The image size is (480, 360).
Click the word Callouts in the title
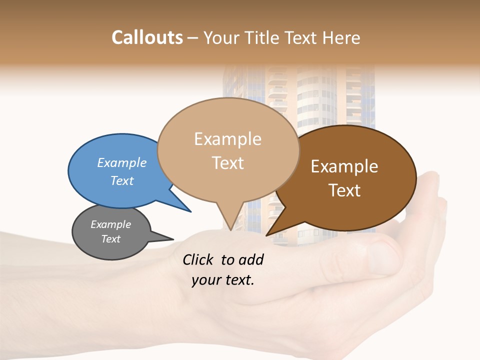(x=147, y=37)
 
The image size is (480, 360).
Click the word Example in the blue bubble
(x=122, y=163)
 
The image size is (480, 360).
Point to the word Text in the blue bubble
(x=122, y=180)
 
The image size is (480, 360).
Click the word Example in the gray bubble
(x=111, y=224)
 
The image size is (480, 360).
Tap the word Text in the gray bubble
(x=111, y=239)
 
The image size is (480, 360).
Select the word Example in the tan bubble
(x=227, y=139)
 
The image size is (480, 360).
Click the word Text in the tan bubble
(x=227, y=163)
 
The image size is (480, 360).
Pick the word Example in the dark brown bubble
(x=344, y=166)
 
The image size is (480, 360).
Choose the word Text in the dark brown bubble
(x=344, y=190)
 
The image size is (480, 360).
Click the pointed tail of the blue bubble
(x=190, y=211)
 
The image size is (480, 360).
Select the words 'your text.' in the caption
(x=223, y=280)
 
